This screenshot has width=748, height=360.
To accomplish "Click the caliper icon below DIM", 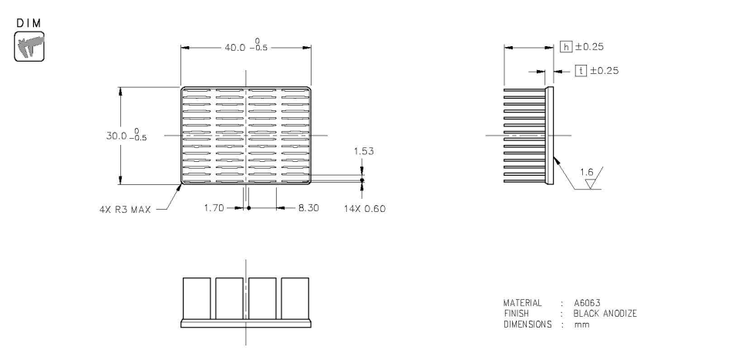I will tap(28, 45).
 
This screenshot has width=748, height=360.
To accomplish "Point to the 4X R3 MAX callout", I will tap(127, 208).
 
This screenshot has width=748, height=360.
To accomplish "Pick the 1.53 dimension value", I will tap(363, 152).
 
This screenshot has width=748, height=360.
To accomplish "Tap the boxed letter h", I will tap(567, 47).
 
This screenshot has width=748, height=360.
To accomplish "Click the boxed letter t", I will tap(583, 70).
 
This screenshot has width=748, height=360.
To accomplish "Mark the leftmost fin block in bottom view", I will tap(197, 298).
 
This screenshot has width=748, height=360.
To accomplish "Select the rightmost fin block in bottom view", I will tap(295, 298).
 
